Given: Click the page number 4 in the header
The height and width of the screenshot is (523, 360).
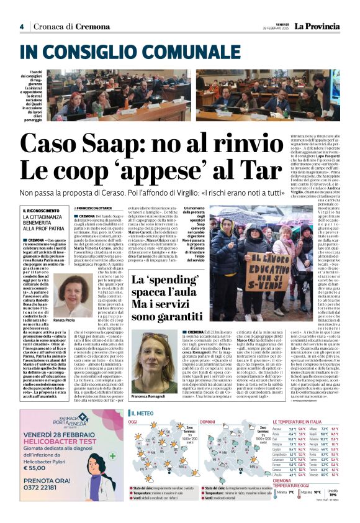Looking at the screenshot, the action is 21,27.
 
